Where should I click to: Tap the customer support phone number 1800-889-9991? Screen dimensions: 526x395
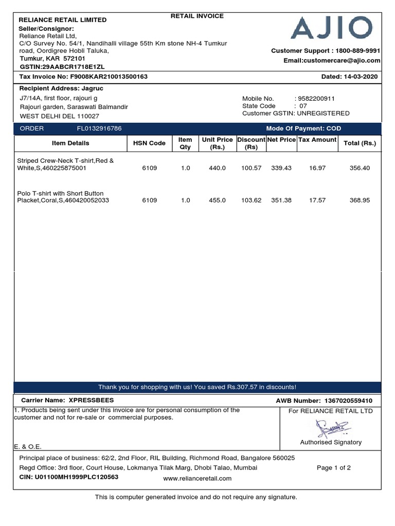[358, 50]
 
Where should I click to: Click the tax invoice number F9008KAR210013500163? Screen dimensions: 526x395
[109, 77]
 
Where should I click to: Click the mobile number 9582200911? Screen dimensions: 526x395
[316, 99]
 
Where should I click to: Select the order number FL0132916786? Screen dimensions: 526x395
[99, 128]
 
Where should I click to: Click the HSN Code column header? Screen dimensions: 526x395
[149, 143]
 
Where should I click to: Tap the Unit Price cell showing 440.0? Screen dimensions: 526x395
[217, 168]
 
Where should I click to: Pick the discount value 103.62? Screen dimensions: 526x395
[251, 200]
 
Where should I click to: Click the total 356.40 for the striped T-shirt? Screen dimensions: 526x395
[360, 168]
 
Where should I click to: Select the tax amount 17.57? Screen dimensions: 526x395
[317, 200]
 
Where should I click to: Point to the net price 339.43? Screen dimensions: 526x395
[281, 168]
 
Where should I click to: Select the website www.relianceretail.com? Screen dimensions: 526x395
[197, 478]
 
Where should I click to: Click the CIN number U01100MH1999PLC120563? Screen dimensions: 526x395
[77, 477]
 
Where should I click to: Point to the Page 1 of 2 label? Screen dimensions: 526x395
[334, 467]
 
